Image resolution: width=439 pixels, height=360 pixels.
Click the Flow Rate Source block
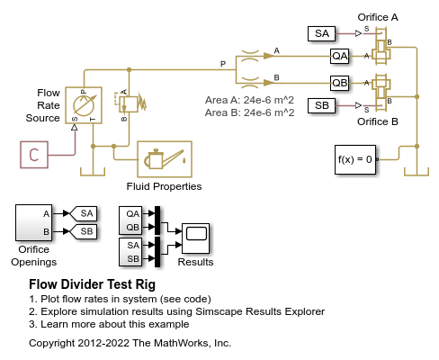[84, 105]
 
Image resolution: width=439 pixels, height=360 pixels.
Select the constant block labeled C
[34, 155]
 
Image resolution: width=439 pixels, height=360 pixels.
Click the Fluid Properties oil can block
[165, 159]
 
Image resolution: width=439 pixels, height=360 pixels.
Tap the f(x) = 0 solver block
[355, 159]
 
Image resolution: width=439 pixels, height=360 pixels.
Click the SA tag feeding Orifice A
[321, 33]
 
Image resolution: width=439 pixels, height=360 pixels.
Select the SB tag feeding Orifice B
[321, 105]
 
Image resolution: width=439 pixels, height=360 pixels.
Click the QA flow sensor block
[340, 56]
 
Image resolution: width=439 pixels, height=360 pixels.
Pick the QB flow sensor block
[340, 83]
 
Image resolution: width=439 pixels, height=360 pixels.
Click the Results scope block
[195, 238]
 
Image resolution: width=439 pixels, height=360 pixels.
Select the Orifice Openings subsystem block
[33, 222]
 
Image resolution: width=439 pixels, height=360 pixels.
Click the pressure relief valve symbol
[129, 103]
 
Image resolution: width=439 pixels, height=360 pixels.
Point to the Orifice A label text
[378, 17]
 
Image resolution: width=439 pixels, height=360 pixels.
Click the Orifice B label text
[378, 121]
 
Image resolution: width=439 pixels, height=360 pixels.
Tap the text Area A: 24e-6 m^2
[249, 100]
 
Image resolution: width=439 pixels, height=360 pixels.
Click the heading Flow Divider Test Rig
[93, 284]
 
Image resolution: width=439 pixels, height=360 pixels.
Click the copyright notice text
[130, 343]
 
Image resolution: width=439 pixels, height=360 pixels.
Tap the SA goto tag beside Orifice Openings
[84, 213]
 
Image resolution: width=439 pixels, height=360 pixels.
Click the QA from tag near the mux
[130, 213]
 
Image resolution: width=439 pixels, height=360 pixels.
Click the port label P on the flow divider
[223, 64]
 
